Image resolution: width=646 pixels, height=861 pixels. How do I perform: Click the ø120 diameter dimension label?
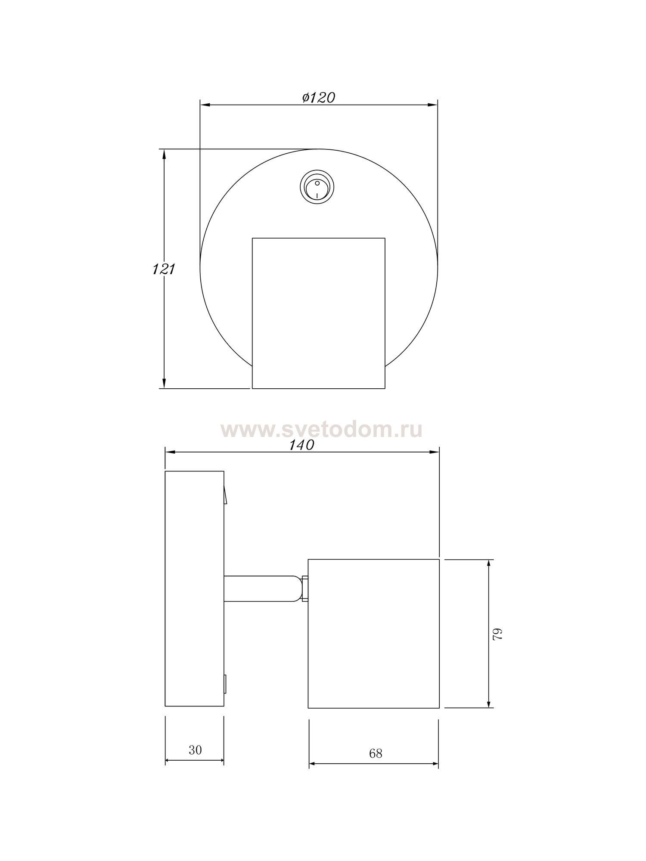click(x=319, y=98)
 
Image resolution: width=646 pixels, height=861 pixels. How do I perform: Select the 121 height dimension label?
click(x=163, y=269)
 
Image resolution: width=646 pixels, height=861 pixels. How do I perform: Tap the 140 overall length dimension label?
click(x=301, y=445)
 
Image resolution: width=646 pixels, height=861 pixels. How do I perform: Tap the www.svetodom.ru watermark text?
click(x=321, y=430)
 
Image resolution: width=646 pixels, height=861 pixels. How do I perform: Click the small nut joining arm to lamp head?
click(x=305, y=589)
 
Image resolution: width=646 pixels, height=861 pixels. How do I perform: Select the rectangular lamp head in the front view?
click(x=318, y=313)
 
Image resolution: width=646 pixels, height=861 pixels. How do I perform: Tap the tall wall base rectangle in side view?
click(x=194, y=588)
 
